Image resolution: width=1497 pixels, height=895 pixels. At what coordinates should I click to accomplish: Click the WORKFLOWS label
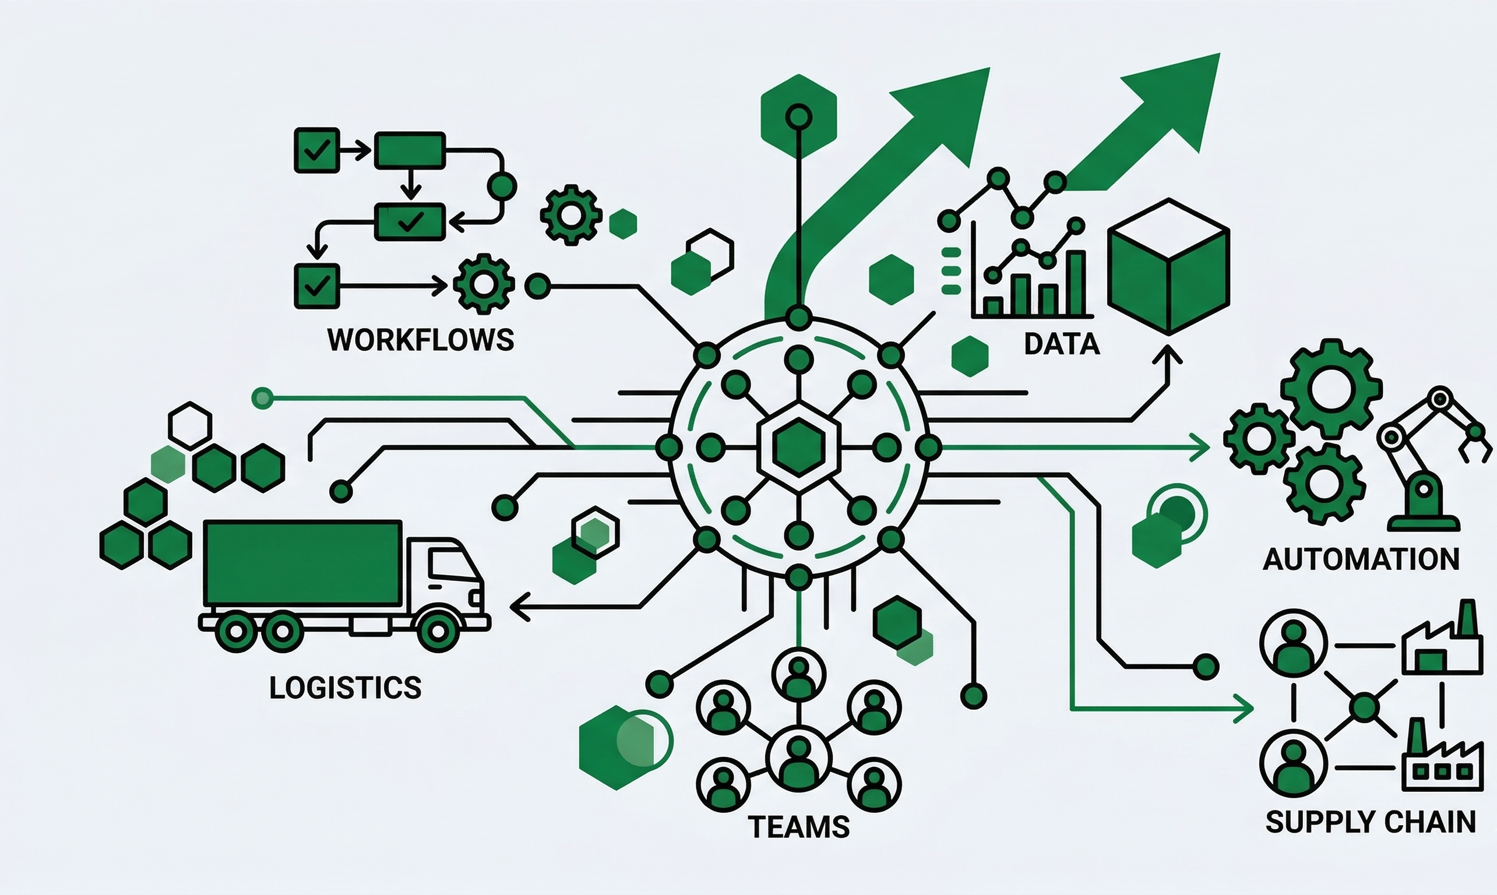pyautogui.click(x=420, y=340)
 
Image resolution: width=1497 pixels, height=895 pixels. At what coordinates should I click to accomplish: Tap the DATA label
pyautogui.click(x=1062, y=344)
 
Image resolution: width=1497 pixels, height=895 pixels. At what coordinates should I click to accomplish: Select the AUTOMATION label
pyautogui.click(x=1361, y=560)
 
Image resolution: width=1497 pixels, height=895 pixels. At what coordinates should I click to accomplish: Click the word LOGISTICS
pyautogui.click(x=345, y=688)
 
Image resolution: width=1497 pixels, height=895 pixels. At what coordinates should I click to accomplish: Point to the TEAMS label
pyautogui.click(x=798, y=827)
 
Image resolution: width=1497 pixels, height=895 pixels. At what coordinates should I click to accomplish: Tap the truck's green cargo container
pyautogui.click(x=303, y=563)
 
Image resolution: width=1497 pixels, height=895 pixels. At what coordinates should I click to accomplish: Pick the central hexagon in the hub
pyautogui.click(x=798, y=447)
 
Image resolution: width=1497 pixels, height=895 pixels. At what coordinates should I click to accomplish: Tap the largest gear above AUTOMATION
pyautogui.click(x=1331, y=388)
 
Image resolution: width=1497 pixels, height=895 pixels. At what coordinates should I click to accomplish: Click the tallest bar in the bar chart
pyautogui.click(x=1077, y=283)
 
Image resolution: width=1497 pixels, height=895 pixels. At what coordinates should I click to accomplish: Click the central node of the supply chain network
pyautogui.click(x=1364, y=707)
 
